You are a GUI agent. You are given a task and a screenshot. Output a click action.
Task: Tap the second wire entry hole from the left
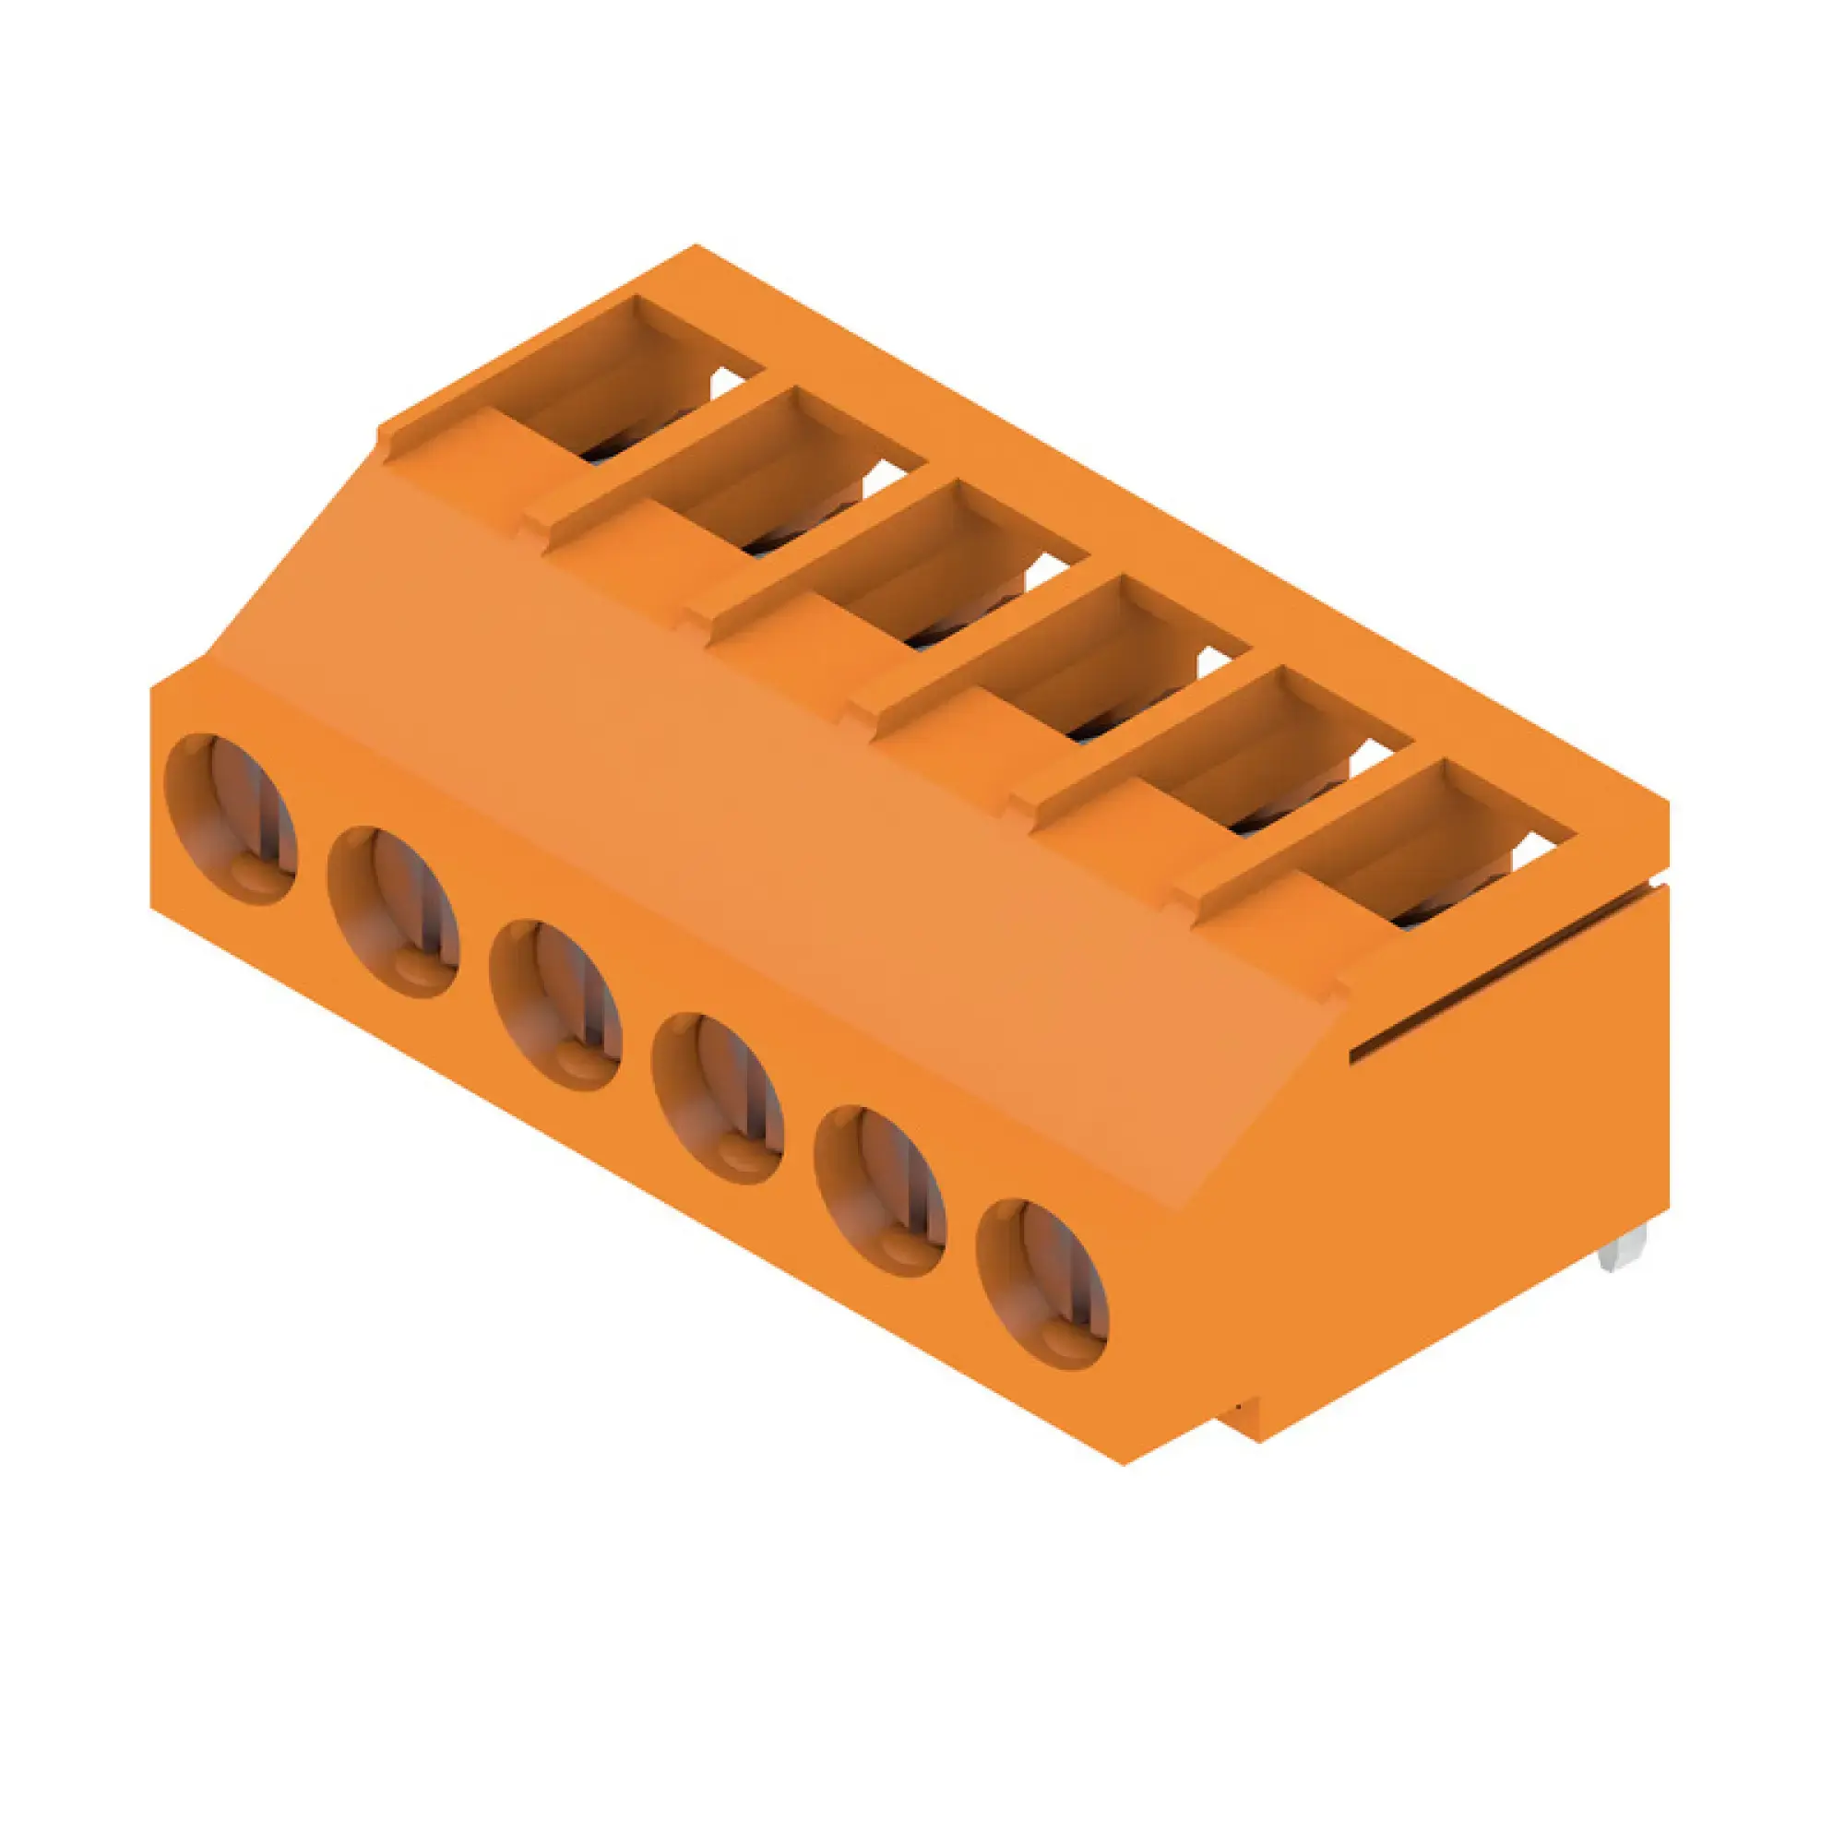click(x=392, y=912)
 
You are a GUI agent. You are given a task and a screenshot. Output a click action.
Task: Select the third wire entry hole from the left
click(x=554, y=1005)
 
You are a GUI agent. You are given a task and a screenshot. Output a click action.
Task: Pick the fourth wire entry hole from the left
click(x=717, y=1098)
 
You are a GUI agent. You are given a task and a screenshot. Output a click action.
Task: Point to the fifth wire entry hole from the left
click(x=879, y=1191)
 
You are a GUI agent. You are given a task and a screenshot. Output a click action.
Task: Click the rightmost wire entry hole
click(x=1042, y=1283)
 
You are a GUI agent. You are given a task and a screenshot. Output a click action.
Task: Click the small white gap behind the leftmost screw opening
click(x=728, y=383)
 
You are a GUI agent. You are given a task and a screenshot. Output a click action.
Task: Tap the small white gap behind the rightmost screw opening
click(x=1540, y=848)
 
